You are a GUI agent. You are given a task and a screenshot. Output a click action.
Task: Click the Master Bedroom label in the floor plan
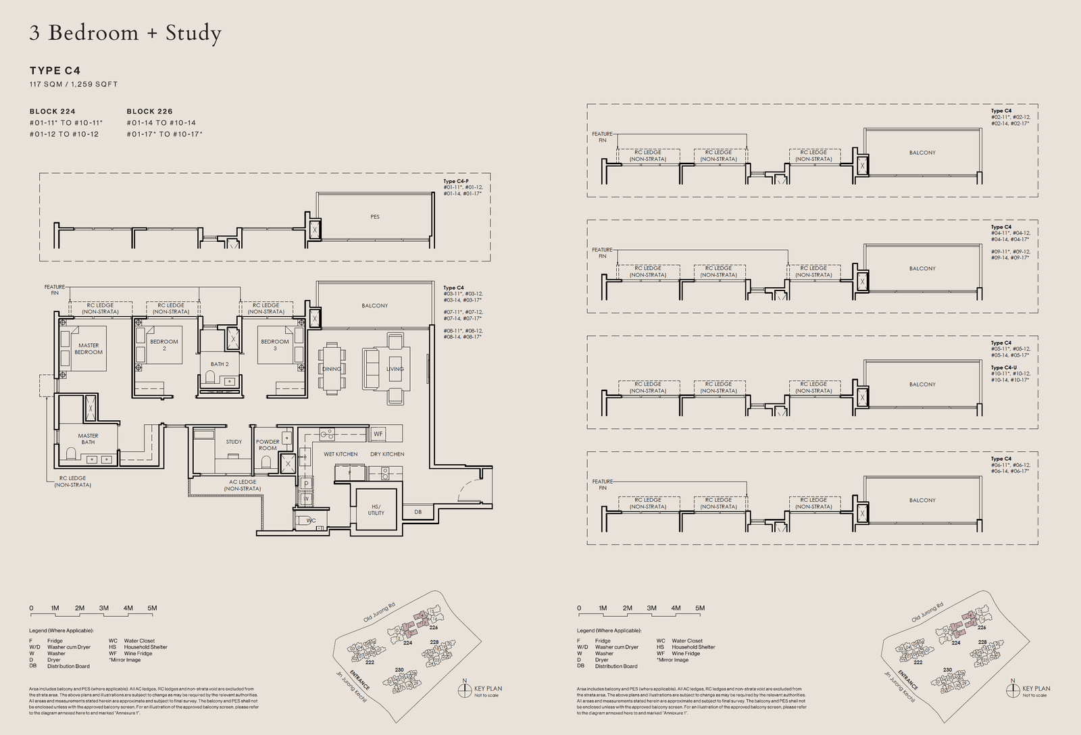coord(89,349)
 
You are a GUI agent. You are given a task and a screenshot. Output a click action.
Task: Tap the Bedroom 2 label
coord(164,345)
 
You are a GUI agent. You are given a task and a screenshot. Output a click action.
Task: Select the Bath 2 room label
coord(219,364)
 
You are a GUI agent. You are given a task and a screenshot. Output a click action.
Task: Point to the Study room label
coord(234,442)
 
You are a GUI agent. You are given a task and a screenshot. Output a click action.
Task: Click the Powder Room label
coord(268,445)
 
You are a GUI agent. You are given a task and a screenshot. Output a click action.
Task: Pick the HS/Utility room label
coord(376,509)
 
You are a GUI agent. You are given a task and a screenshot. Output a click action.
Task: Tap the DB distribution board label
coord(418,512)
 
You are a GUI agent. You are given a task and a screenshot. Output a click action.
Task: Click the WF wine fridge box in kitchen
coord(378,434)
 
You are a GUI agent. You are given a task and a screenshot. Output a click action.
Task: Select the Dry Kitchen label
coord(387,454)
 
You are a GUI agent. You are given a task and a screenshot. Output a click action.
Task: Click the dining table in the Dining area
coord(332,368)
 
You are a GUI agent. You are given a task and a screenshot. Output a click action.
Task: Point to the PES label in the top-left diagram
coord(375,217)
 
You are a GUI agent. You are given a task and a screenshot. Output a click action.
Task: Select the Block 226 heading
coord(149,111)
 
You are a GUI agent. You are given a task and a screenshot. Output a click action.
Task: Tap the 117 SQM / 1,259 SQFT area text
coord(74,84)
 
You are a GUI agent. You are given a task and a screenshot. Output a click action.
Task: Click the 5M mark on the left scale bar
coord(152,608)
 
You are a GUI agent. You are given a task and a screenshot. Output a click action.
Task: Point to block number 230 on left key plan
coord(399,670)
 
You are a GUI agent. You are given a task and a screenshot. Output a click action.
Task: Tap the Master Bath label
coord(88,439)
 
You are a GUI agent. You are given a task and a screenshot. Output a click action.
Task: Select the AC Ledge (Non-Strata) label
coord(242,485)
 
